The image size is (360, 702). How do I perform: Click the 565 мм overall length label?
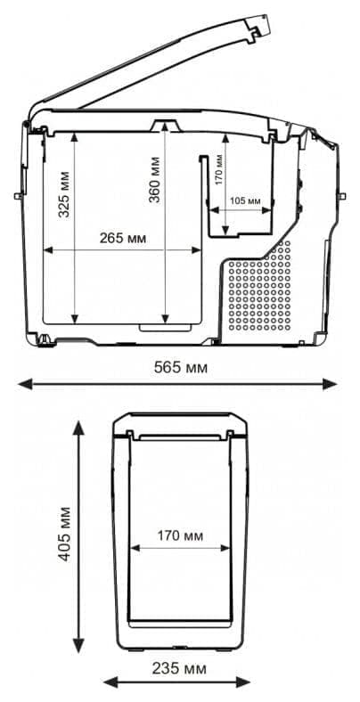click(181, 368)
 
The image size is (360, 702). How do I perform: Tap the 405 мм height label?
click(65, 534)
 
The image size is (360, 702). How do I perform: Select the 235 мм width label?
click(179, 669)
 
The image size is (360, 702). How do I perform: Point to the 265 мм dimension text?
click(123, 238)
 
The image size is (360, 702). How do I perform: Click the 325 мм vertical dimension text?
click(65, 194)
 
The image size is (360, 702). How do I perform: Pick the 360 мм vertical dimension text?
click(154, 179)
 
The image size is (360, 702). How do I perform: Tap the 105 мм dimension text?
click(244, 200)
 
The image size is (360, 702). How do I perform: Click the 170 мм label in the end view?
click(179, 535)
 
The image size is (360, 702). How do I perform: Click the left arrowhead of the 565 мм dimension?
click(25, 384)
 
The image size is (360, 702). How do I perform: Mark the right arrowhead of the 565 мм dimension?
click(330, 384)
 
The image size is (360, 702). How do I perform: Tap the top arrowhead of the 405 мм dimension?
click(78, 429)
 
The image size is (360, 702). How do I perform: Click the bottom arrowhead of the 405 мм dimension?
click(78, 645)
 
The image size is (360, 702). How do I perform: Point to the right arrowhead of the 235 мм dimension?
click(242, 682)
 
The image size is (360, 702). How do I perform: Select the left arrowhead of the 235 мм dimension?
click(111, 682)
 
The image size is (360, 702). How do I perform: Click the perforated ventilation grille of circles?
click(259, 287)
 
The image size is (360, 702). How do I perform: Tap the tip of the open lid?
click(269, 16)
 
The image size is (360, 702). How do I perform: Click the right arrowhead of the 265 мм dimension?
click(197, 249)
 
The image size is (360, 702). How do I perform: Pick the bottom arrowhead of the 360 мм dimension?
click(166, 319)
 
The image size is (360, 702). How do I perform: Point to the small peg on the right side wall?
click(343, 196)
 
